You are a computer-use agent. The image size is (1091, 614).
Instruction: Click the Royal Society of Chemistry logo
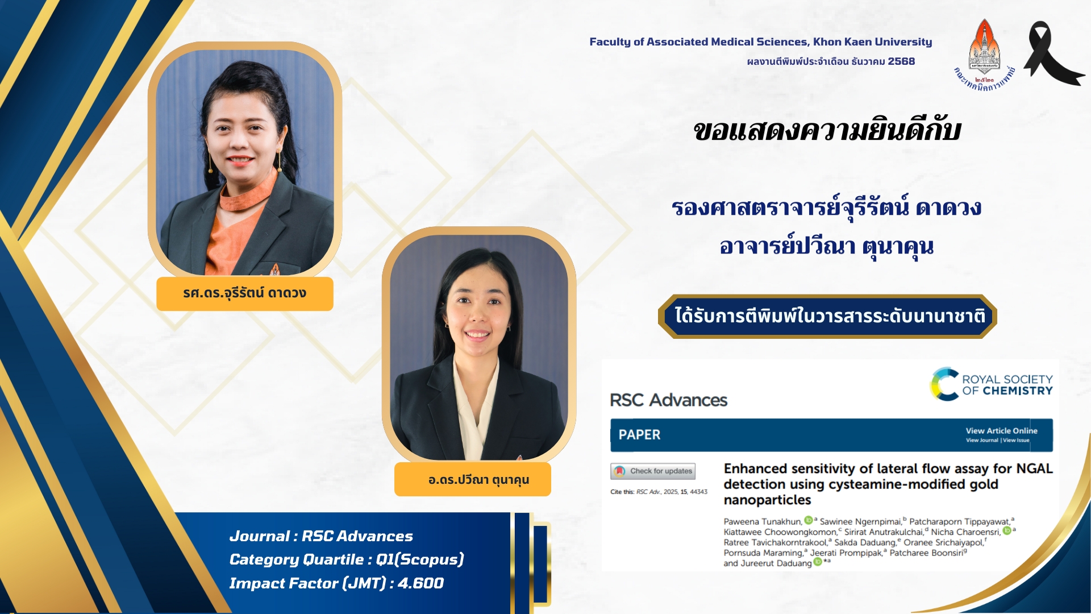point(991,384)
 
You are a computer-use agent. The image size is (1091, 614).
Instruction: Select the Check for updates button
point(653,471)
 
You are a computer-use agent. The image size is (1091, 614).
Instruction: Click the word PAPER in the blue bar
point(639,435)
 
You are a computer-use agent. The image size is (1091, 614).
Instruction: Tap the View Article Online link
point(1001,431)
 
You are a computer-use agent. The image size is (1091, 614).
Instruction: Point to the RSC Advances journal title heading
point(668,400)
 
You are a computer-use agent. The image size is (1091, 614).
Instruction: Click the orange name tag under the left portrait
point(245,293)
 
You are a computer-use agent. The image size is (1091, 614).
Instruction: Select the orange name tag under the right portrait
point(473,479)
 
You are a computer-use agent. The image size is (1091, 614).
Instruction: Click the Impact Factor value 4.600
point(420,583)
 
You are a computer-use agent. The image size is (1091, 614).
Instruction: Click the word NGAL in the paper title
point(1034,468)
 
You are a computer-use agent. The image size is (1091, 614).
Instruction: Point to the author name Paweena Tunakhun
point(763,521)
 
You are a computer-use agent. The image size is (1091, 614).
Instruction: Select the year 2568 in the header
point(901,61)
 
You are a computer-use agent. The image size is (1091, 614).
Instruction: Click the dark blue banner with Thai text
point(827,316)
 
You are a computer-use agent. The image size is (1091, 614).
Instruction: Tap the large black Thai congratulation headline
point(827,131)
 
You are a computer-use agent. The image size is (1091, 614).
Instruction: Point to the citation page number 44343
point(698,492)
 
